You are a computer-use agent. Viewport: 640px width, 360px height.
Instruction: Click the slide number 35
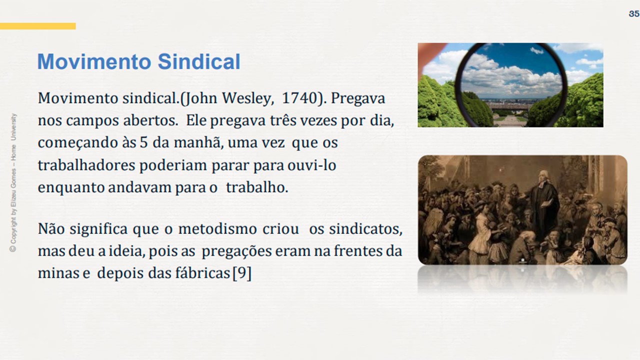634,13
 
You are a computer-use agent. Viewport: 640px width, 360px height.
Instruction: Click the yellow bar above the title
37,26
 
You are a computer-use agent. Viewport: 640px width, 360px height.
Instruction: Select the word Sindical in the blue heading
199,61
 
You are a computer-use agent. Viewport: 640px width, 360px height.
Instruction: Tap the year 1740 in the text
299,98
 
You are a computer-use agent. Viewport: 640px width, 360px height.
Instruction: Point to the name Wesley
246,99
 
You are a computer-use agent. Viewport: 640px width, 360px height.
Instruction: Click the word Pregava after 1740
358,99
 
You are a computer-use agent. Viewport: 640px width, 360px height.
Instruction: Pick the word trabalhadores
86,165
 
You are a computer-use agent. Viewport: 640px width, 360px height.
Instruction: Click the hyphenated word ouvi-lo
311,165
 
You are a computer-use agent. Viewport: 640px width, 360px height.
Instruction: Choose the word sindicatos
365,229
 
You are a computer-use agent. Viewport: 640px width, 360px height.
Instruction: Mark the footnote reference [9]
242,273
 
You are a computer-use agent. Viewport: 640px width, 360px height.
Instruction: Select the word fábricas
202,273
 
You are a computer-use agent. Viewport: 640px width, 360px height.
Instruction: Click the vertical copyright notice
13,183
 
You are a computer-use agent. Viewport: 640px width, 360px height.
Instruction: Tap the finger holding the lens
431,54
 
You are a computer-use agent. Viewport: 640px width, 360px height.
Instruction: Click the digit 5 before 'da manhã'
143,142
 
